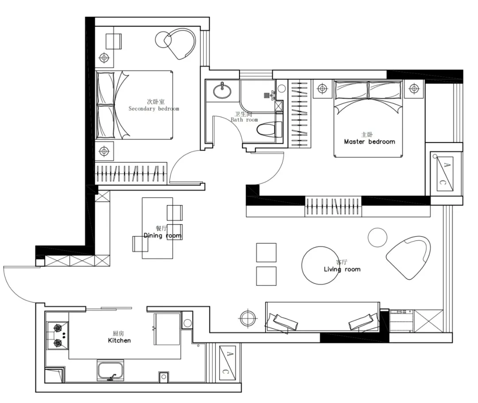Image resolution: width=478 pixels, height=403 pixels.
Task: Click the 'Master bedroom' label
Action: [x=370, y=142]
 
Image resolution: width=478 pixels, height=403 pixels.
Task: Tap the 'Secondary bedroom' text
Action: [x=154, y=108]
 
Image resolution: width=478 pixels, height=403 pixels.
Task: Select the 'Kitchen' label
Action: [x=119, y=341]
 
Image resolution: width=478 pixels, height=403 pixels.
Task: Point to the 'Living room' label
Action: [x=342, y=269]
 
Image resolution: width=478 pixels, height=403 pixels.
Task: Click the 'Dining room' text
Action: [x=162, y=236]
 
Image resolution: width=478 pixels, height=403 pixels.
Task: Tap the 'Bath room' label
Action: [x=244, y=120]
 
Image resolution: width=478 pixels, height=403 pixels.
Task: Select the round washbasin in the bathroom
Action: [x=222, y=90]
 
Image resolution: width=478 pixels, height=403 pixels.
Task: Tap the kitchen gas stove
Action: [x=58, y=336]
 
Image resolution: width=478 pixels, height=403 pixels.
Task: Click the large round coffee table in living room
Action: [x=320, y=265]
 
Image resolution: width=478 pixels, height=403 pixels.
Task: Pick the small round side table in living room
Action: [x=378, y=237]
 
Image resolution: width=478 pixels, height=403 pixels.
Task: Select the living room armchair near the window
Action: [x=409, y=257]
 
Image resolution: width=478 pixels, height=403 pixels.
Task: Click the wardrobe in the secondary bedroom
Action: [x=131, y=174]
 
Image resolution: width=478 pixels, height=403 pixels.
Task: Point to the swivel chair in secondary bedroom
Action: [x=180, y=44]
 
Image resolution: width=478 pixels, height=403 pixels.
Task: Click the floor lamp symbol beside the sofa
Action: [x=248, y=318]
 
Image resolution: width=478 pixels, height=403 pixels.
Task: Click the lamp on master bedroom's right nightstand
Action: [x=414, y=89]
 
